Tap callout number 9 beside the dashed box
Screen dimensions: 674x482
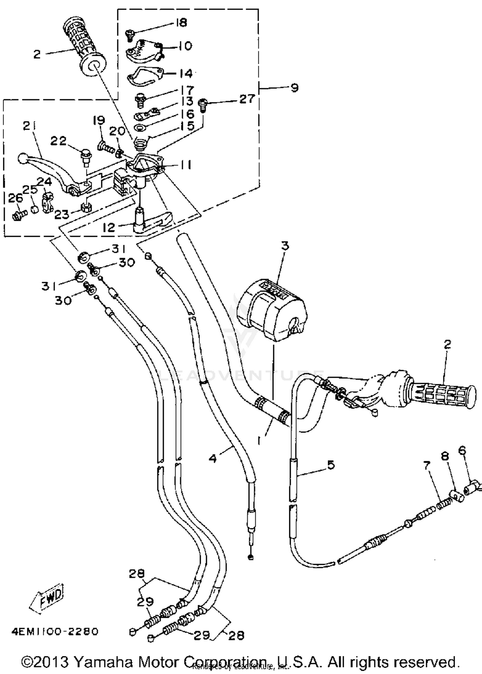click(294, 88)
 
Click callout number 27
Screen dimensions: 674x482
click(247, 99)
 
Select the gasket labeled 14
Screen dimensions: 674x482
click(141, 76)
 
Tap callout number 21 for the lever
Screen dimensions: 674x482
click(30, 126)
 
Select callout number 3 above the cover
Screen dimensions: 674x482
click(285, 246)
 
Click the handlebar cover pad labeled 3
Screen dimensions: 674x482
click(272, 311)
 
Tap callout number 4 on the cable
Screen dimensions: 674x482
click(213, 458)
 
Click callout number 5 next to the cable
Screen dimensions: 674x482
click(331, 465)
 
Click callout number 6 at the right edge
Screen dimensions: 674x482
click(462, 451)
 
